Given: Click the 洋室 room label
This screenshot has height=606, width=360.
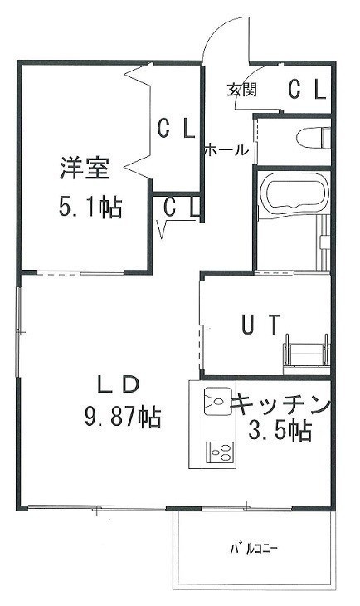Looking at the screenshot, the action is click(85, 169).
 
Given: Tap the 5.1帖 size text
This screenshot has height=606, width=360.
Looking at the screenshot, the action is click(90, 207).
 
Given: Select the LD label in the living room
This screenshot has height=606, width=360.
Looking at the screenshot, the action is click(118, 384).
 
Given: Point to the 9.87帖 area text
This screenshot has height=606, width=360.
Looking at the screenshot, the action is click(123, 416).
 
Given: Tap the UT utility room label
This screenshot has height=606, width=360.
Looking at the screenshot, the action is click(260, 325).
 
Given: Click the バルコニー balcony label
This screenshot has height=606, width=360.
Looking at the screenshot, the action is click(254, 548).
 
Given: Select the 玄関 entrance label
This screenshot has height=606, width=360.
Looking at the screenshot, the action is click(242, 90).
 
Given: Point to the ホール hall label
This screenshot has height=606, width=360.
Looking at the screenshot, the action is click(226, 150).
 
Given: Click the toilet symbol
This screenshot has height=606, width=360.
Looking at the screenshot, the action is click(314, 138).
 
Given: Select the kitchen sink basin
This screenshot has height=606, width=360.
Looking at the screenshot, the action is click(218, 401).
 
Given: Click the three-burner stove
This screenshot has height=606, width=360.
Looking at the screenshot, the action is click(221, 452).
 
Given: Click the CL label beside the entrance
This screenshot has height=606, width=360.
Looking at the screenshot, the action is click(308, 90).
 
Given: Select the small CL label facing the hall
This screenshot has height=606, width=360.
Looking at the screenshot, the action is click(182, 208).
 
